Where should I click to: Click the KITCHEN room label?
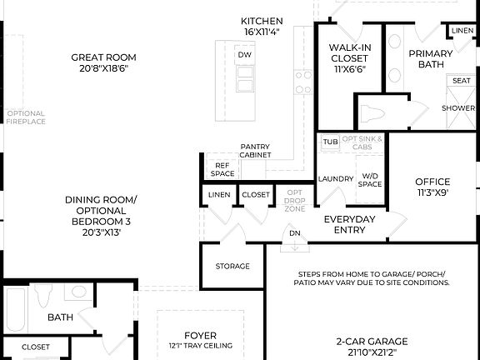(262, 21)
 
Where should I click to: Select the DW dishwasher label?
(244, 55)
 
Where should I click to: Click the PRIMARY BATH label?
(429, 59)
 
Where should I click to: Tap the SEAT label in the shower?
(461, 81)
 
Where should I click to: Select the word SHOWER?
(458, 108)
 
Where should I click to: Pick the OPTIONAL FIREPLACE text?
(25, 117)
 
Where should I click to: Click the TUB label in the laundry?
(331, 142)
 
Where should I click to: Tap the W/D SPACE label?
(370, 180)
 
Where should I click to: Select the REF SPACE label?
(222, 169)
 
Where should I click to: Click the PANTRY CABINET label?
(255, 151)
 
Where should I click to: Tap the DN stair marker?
(294, 233)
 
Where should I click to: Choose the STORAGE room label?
(232, 266)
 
